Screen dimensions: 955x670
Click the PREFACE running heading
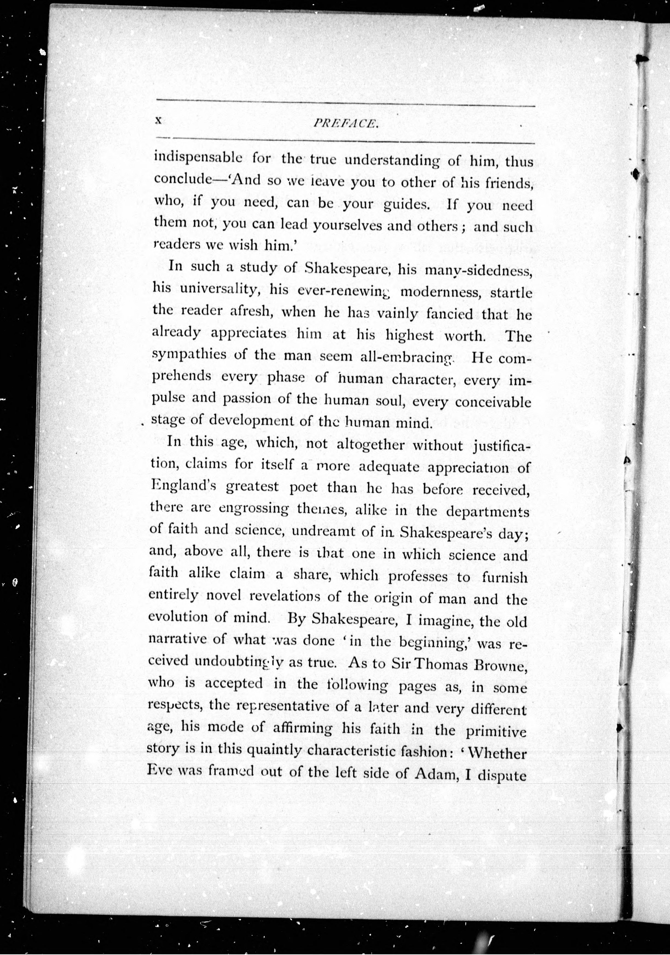coord(346,123)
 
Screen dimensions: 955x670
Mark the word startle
coord(511,293)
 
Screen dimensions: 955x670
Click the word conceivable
coord(493,402)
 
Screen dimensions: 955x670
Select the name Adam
coord(434,775)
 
